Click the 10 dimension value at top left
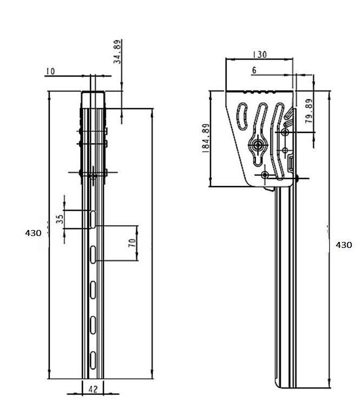(x=50, y=71)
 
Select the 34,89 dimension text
(x=117, y=52)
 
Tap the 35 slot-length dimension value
(x=60, y=219)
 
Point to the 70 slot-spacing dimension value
(x=131, y=243)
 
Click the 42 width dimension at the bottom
(x=93, y=388)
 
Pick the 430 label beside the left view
(x=33, y=233)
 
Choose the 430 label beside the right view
(x=344, y=245)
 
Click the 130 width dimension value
(x=260, y=55)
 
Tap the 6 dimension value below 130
(x=254, y=70)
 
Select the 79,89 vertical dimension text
(x=309, y=111)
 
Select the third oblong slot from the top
(x=93, y=289)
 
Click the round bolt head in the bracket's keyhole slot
(x=257, y=145)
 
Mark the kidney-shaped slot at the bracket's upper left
(x=243, y=117)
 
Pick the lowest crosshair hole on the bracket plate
(x=265, y=175)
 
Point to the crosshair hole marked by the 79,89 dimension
(x=285, y=132)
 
